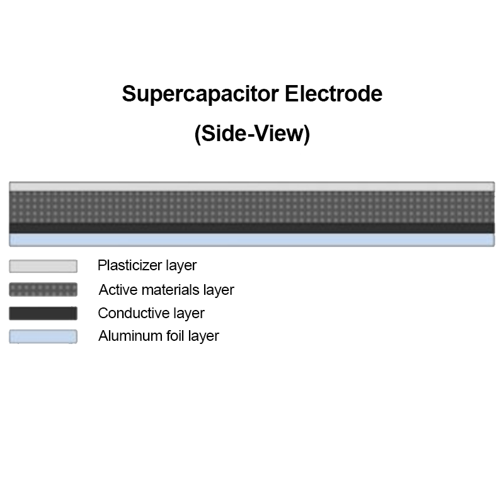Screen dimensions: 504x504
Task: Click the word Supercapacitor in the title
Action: pos(200,94)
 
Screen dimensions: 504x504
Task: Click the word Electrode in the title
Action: pos(333,94)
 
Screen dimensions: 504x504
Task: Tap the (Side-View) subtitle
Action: pos(252,134)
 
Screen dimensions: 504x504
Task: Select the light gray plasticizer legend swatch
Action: pos(43,266)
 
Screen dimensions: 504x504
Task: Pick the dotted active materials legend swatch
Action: pos(43,290)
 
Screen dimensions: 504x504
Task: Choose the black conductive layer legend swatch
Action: pos(43,313)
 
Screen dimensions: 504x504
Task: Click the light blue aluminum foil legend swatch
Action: pos(43,336)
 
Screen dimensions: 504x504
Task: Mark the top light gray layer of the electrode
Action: pos(252,186)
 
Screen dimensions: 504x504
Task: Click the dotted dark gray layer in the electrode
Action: pos(252,207)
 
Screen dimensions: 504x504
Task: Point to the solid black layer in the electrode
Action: pos(252,227)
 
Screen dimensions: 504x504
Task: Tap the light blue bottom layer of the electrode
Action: pos(252,239)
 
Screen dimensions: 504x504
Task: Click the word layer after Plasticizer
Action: pos(181,266)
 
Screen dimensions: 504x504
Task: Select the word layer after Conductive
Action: pos(189,313)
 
